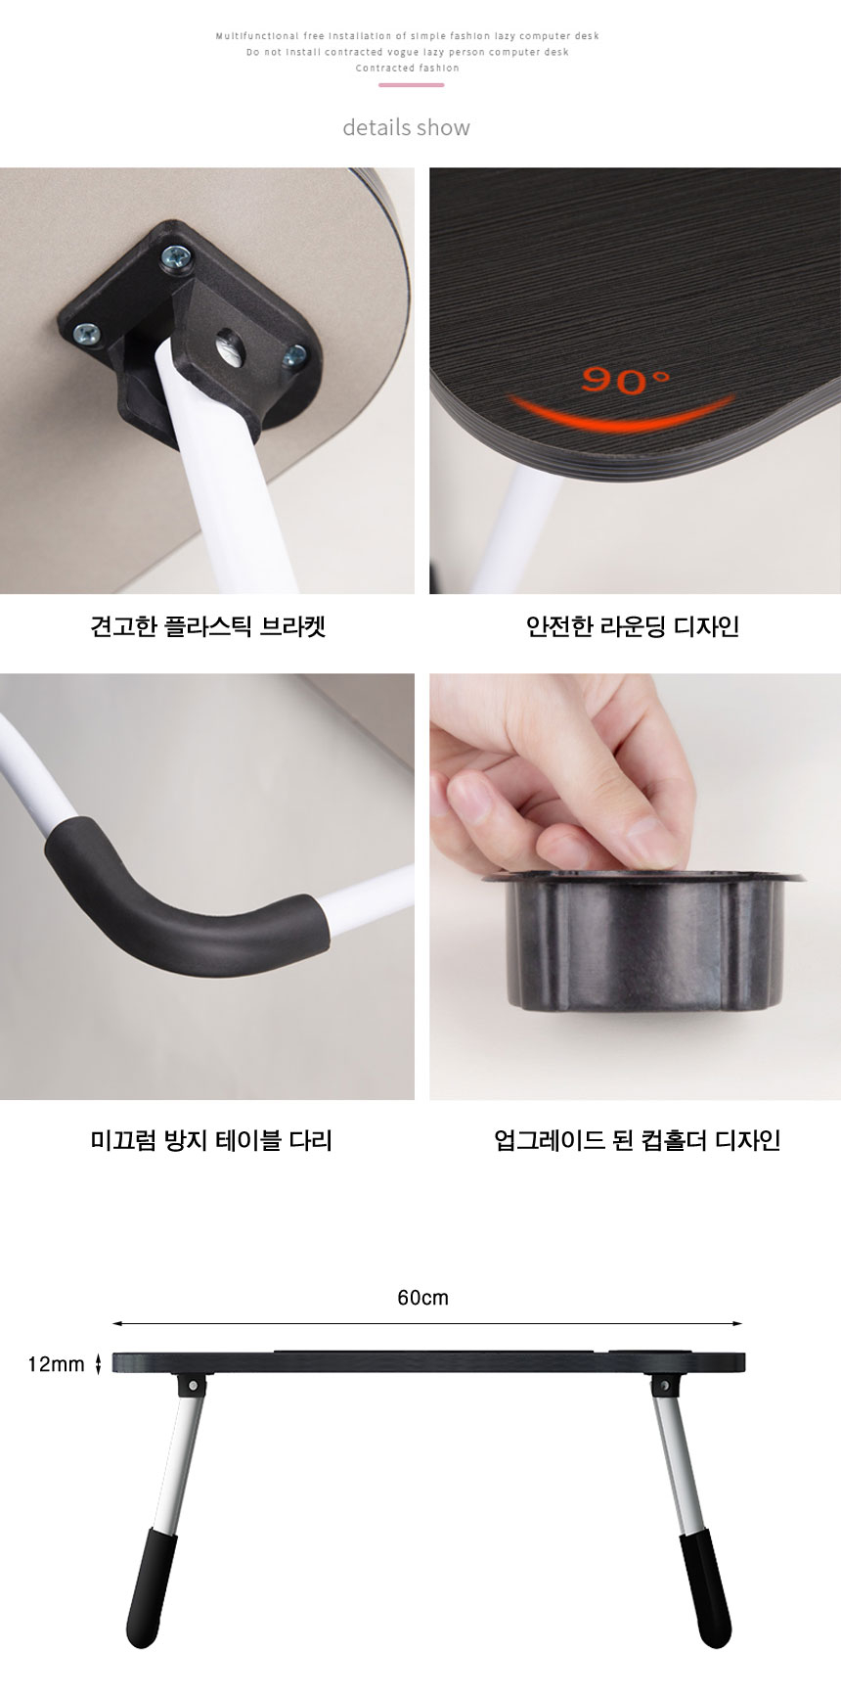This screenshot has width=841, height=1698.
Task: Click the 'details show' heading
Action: [406, 127]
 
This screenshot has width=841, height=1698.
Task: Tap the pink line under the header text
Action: [411, 85]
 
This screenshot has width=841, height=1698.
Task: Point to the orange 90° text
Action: [625, 380]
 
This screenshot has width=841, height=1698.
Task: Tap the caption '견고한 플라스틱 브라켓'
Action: [207, 626]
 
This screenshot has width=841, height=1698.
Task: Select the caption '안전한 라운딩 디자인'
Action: [632, 626]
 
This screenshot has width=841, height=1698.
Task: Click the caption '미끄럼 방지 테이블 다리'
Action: [211, 1140]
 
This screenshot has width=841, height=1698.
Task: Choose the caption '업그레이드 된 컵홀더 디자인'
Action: [637, 1140]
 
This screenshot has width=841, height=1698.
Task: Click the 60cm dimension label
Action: [422, 1298]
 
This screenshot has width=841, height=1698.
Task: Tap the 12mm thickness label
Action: [56, 1364]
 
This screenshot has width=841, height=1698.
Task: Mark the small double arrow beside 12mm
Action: [98, 1364]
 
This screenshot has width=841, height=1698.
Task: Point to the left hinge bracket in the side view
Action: [194, 1385]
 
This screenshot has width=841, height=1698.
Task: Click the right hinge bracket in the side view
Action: [664, 1385]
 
